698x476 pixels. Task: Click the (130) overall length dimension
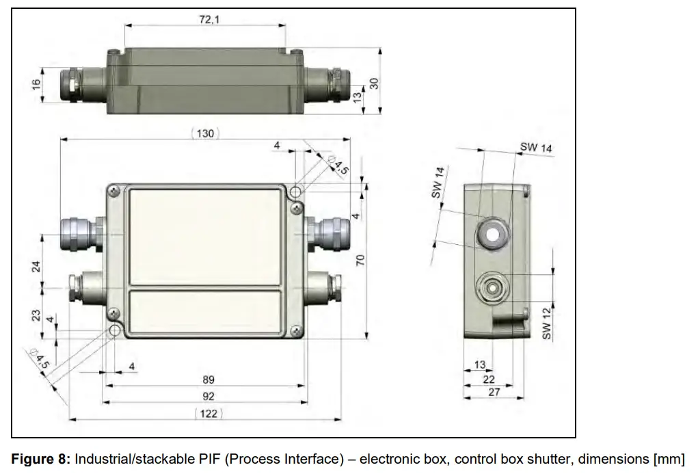click(205, 133)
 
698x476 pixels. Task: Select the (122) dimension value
click(210, 413)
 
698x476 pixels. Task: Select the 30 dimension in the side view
click(374, 83)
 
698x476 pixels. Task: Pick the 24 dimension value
click(36, 266)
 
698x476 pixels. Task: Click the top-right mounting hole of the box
click(296, 191)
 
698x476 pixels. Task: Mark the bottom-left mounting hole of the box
click(113, 332)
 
